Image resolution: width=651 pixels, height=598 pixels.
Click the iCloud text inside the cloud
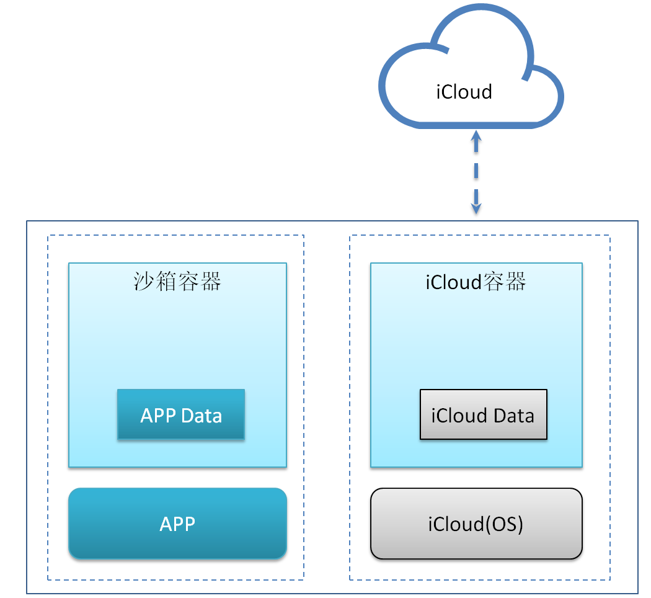(464, 92)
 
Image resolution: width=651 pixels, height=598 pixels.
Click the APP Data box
(181, 414)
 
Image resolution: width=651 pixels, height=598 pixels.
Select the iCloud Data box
(484, 414)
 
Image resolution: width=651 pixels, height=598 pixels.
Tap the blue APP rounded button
(177, 524)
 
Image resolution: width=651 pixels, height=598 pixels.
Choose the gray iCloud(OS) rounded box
(476, 524)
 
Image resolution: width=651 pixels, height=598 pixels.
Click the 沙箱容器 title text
(177, 282)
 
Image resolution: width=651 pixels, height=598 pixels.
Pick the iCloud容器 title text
(476, 282)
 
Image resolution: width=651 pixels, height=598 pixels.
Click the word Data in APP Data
(202, 415)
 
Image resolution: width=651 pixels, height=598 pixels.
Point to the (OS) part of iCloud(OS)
(503, 524)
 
